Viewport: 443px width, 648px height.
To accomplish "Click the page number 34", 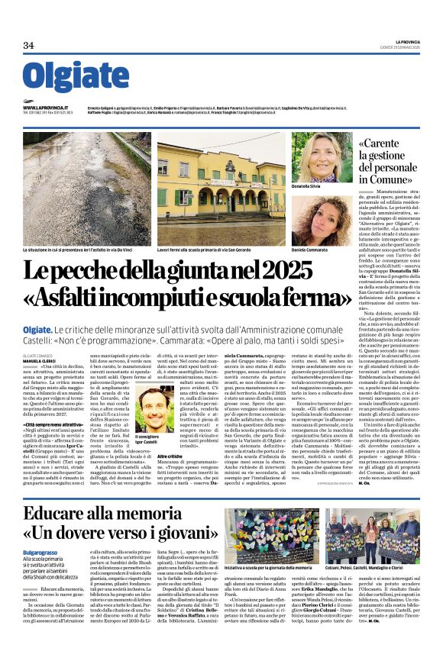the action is point(29,45).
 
